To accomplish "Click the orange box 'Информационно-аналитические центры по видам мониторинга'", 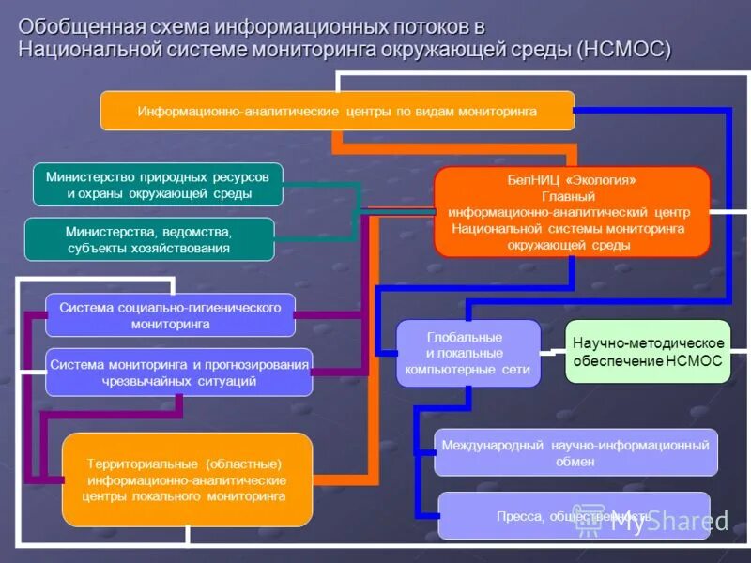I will pos(337,111).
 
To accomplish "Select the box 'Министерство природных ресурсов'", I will pos(158,185).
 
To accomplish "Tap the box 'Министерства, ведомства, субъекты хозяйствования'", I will pos(149,239).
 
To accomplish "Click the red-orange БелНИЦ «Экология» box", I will pos(571,212).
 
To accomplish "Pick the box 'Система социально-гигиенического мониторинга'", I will pos(170,315).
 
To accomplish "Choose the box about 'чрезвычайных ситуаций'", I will pos(178,372).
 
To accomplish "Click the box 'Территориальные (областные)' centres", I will pos(187,479).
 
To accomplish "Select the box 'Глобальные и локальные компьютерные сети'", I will pos(467,353).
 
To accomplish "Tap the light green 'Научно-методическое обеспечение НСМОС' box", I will pos(648,352).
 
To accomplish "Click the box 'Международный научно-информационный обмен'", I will pos(575,453).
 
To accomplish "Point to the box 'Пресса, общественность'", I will pos(573,516).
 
